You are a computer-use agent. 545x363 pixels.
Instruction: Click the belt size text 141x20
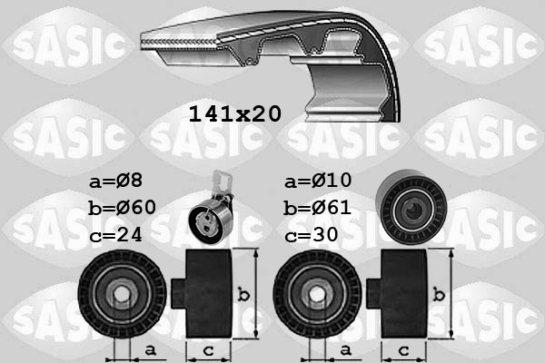233,113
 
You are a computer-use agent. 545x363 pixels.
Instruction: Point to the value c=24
115,234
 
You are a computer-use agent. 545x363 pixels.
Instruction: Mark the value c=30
312,234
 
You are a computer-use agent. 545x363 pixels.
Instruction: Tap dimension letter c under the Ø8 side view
208,349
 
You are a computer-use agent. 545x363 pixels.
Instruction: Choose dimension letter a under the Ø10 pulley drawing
344,349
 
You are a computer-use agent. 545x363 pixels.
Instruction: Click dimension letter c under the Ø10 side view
403,349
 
